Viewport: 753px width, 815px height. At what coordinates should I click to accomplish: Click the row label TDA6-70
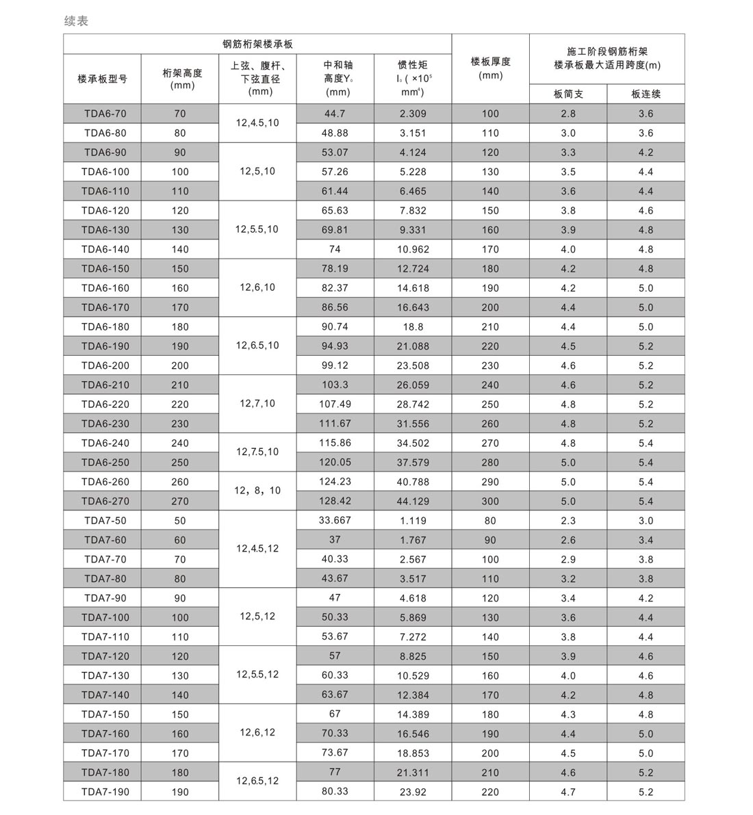(105, 114)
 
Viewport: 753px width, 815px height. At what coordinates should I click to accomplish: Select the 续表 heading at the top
(76, 21)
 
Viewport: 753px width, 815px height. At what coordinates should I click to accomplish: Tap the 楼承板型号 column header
(103, 79)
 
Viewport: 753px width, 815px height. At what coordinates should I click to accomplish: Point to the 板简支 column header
(568, 94)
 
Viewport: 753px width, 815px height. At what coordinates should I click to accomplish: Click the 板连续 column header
(646, 94)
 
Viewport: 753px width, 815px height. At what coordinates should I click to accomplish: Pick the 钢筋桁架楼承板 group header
(257, 44)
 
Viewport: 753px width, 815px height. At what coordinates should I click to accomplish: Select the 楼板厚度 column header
(490, 68)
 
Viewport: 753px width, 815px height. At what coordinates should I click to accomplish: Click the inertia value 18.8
(413, 326)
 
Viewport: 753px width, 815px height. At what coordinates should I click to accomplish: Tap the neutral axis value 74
(335, 249)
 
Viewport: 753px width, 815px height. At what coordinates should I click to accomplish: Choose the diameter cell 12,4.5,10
(257, 123)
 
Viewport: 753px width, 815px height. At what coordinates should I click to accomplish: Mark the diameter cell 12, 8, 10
(257, 491)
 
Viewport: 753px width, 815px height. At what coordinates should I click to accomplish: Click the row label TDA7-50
(105, 520)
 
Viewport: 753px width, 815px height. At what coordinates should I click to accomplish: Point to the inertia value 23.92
(413, 792)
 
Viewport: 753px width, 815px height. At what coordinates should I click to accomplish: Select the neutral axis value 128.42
(335, 501)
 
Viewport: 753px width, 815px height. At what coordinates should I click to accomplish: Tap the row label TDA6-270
(105, 501)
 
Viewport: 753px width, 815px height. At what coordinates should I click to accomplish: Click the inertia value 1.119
(413, 520)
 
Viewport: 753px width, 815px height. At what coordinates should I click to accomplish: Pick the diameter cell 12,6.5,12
(257, 781)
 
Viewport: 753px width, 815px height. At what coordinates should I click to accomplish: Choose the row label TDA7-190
(105, 792)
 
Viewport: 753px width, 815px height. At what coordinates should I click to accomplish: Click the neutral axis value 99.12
(335, 365)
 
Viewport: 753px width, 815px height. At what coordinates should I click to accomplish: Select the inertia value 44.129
(413, 501)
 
